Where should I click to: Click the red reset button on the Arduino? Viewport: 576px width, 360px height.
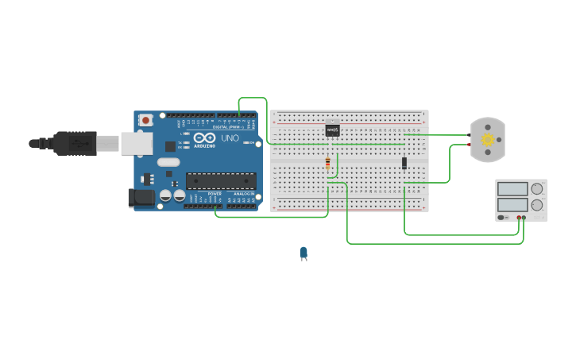click(145, 120)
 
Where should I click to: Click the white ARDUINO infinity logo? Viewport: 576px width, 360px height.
click(206, 137)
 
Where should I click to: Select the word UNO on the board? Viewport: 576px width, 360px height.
click(230, 138)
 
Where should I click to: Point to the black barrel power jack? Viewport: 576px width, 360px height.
click(141, 198)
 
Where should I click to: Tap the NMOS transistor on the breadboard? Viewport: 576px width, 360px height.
click(332, 130)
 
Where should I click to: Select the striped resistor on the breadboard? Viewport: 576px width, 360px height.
click(327, 164)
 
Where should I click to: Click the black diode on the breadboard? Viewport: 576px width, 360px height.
click(404, 163)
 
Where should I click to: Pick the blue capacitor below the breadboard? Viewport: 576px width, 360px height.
click(303, 253)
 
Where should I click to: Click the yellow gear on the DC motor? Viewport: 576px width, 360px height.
click(487, 140)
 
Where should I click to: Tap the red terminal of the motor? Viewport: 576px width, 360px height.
click(470, 145)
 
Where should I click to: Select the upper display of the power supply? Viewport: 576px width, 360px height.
click(512, 189)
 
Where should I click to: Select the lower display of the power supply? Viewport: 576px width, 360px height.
click(512, 205)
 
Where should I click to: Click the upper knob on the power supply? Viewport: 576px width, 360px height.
click(537, 189)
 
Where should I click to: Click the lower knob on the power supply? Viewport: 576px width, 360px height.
click(537, 205)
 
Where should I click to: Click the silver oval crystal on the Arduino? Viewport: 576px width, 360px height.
click(168, 162)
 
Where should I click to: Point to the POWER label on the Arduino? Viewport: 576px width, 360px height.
click(215, 193)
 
